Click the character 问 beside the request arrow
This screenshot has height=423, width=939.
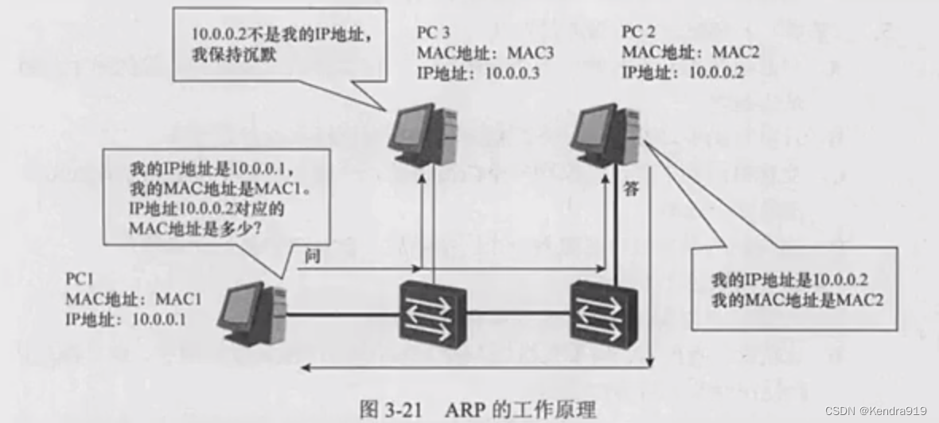(x=311, y=257)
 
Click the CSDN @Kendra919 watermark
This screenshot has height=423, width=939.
(x=875, y=411)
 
